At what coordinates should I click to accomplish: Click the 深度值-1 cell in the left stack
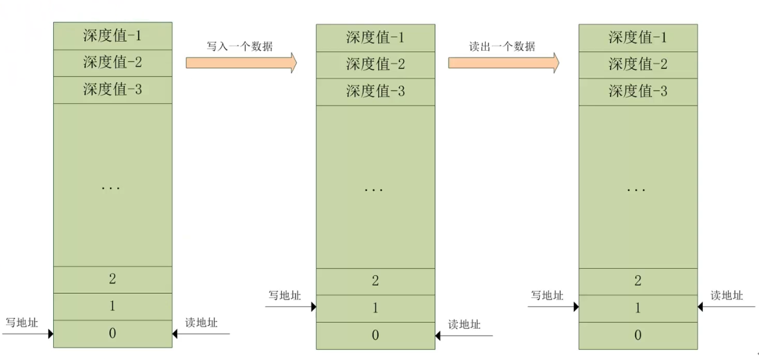click(112, 36)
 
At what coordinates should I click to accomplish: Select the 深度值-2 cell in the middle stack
click(375, 64)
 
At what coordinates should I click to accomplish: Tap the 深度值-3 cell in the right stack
click(638, 91)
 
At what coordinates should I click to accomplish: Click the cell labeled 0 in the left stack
click(112, 333)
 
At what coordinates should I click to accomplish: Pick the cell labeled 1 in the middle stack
click(375, 308)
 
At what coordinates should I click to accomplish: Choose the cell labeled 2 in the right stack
click(638, 281)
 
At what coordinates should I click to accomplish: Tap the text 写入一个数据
click(240, 47)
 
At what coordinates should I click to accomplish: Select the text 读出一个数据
click(502, 47)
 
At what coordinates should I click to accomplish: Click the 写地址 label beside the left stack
click(22, 323)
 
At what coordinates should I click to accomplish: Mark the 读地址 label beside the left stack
click(201, 323)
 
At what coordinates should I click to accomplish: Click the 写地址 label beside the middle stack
click(284, 295)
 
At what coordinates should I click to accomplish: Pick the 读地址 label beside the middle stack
click(464, 325)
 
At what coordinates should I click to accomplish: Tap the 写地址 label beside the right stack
click(547, 295)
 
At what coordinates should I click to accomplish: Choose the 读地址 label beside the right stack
click(726, 295)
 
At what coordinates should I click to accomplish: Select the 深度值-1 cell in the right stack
click(638, 37)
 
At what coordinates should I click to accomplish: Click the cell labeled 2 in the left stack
click(112, 279)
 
